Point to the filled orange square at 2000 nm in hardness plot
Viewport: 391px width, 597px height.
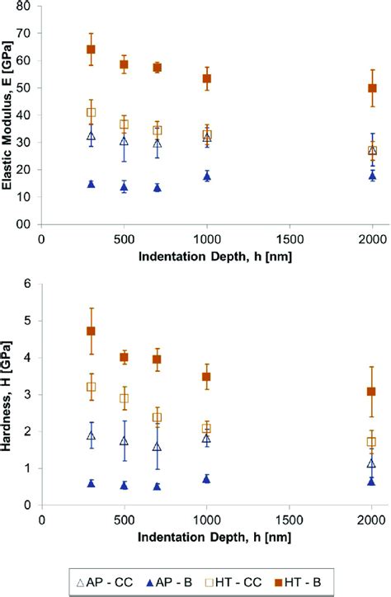(372, 392)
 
